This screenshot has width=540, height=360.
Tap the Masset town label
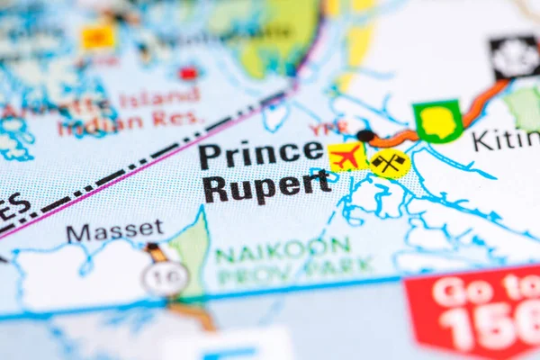coord(114,231)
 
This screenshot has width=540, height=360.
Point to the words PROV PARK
coord(294,267)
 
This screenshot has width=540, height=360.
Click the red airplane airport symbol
coord(346,157)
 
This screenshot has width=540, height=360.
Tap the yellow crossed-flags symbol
coord(389,164)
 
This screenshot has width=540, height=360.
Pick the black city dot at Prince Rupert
coord(364,136)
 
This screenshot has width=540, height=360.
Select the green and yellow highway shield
coord(438,121)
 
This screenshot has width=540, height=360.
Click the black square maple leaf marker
coord(514,57)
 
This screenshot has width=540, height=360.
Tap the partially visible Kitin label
coord(506,140)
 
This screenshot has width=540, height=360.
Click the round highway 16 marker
coord(165,278)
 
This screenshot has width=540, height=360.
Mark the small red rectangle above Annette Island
coord(188,73)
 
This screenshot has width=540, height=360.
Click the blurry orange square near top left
coord(98,37)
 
